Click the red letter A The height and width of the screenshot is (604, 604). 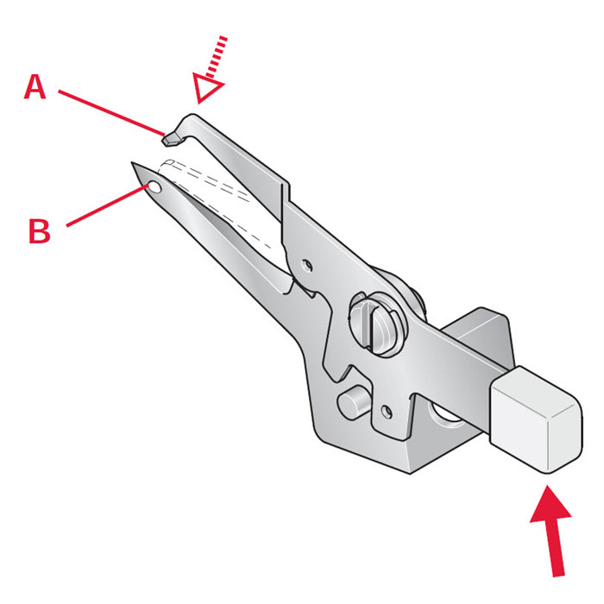click(x=35, y=86)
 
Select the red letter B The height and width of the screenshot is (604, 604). click(x=39, y=230)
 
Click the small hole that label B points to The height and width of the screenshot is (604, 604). click(x=153, y=186)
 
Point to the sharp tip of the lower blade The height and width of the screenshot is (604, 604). click(x=134, y=164)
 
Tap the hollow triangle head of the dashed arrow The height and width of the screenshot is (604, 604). click(x=208, y=88)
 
